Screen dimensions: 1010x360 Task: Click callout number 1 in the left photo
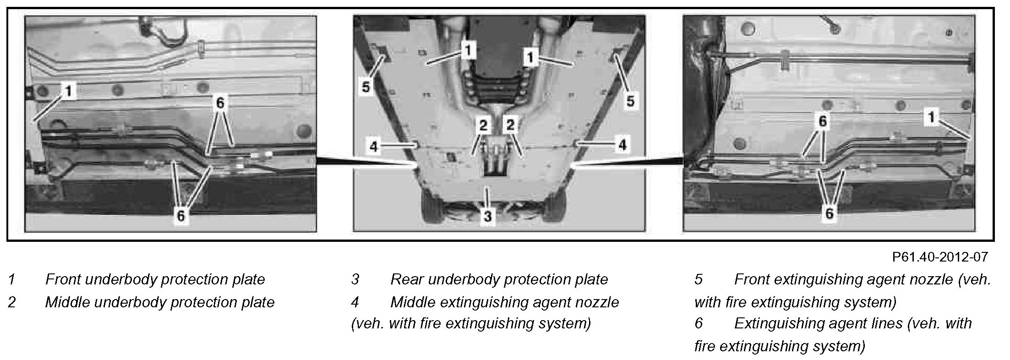click(x=68, y=91)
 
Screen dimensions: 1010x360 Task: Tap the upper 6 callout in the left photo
click(x=220, y=104)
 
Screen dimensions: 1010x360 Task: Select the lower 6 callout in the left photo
click(x=180, y=216)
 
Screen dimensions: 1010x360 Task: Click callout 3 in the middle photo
click(x=487, y=216)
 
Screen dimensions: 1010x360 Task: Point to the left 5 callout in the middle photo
click(x=366, y=87)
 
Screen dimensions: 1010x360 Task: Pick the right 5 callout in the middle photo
click(x=630, y=101)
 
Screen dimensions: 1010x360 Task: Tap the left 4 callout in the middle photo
click(x=374, y=147)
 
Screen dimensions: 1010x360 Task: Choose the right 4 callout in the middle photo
click(x=622, y=145)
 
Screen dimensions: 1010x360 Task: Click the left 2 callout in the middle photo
click(x=483, y=125)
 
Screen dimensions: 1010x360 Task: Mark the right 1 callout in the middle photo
click(x=530, y=58)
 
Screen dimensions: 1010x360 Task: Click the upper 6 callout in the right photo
click(x=823, y=121)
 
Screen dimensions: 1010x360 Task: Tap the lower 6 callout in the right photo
click(x=830, y=213)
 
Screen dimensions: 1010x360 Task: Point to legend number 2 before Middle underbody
click(x=12, y=302)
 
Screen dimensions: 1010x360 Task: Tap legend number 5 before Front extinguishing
click(x=699, y=279)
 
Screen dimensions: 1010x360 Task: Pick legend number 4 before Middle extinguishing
click(x=355, y=302)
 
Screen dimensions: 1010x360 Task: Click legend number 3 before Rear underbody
click(x=355, y=279)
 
